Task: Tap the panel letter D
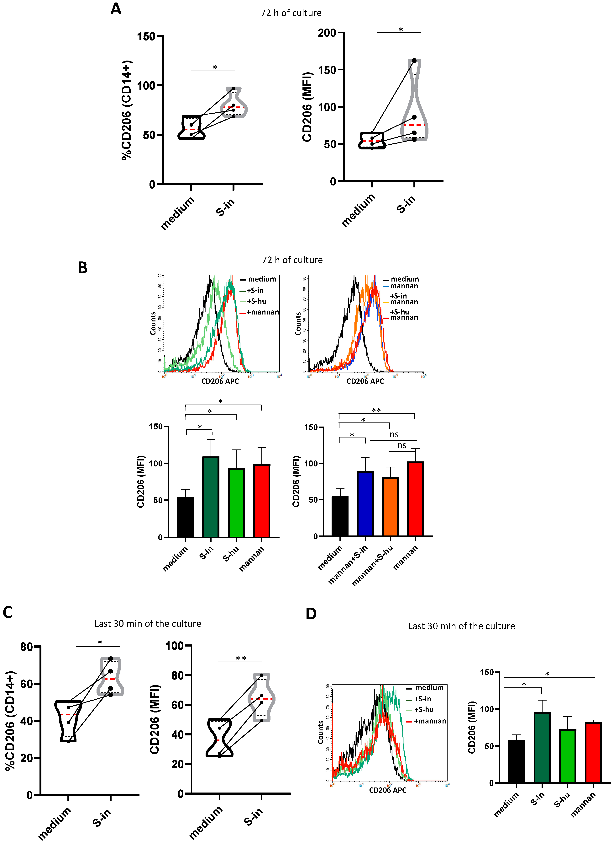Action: (311, 614)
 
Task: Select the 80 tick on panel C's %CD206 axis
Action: (27, 646)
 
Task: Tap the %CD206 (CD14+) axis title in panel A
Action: (127, 110)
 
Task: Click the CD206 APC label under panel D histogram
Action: (387, 790)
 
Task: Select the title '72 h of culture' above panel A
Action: (291, 13)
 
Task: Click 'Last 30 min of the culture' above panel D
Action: (461, 626)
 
